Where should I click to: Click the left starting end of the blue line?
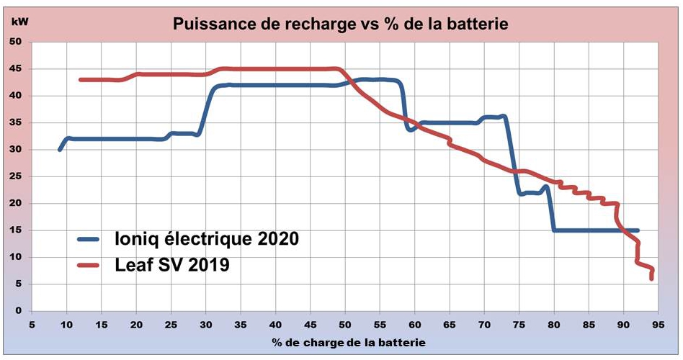(x=60, y=149)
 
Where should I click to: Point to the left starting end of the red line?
(x=81, y=79)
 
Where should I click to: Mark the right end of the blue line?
(x=638, y=230)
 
